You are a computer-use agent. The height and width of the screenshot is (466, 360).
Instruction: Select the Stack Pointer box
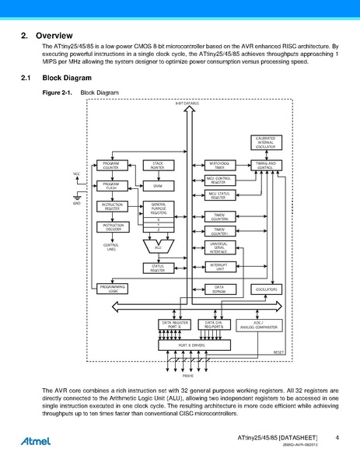[x=158, y=165]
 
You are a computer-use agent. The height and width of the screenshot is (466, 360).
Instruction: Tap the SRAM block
[x=158, y=185]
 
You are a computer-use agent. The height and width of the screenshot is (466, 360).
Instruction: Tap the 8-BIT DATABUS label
[x=187, y=103]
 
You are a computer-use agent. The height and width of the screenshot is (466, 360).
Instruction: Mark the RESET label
[x=278, y=352]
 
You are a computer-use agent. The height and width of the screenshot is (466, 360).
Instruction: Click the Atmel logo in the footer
[x=37, y=440]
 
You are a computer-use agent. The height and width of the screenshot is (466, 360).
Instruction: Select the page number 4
[x=337, y=438]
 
